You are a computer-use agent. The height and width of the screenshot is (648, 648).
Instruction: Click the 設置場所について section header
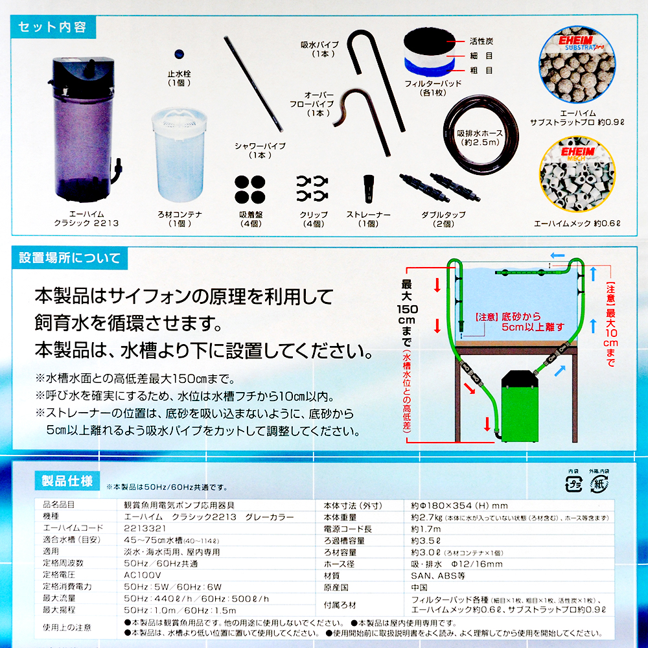69,258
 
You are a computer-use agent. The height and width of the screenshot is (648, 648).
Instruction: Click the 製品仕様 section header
66,481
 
